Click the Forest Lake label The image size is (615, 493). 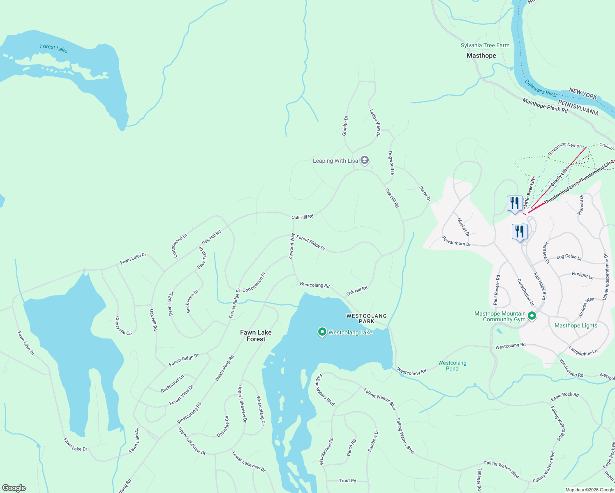click(x=53, y=48)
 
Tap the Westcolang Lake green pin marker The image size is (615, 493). click(x=322, y=332)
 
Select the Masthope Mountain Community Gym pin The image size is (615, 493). click(x=532, y=316)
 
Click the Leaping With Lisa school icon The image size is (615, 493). click(x=364, y=160)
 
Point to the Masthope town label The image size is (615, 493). click(x=481, y=55)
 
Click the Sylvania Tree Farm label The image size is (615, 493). click(x=485, y=46)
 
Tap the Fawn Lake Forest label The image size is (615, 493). click(x=256, y=336)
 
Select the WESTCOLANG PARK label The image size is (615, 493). click(x=366, y=318)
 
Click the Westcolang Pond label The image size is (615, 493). click(x=452, y=366)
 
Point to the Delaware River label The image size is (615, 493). click(x=541, y=88)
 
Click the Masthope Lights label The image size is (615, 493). click(x=576, y=325)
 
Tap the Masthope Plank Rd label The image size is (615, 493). click(x=545, y=106)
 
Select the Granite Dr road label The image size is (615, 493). click(x=345, y=125)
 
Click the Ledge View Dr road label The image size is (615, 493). click(x=375, y=122)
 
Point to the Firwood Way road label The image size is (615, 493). click(x=292, y=246)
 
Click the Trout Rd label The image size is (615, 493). click(x=347, y=480)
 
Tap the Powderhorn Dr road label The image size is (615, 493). click(x=456, y=241)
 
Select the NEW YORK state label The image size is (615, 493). click(x=583, y=93)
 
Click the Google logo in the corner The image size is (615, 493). click(x=14, y=488)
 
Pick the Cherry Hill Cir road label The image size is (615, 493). click(x=123, y=326)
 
